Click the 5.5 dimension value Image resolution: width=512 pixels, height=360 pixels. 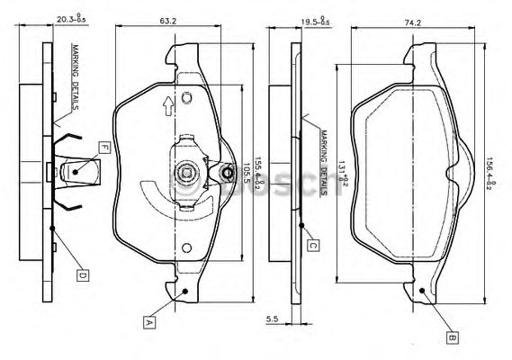tap(273, 318)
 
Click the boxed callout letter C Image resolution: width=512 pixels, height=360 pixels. tap(312, 244)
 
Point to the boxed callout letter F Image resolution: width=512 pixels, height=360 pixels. tap(104, 147)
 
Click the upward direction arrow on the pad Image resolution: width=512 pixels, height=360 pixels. tap(166, 107)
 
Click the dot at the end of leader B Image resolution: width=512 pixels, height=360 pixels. tap(422, 290)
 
